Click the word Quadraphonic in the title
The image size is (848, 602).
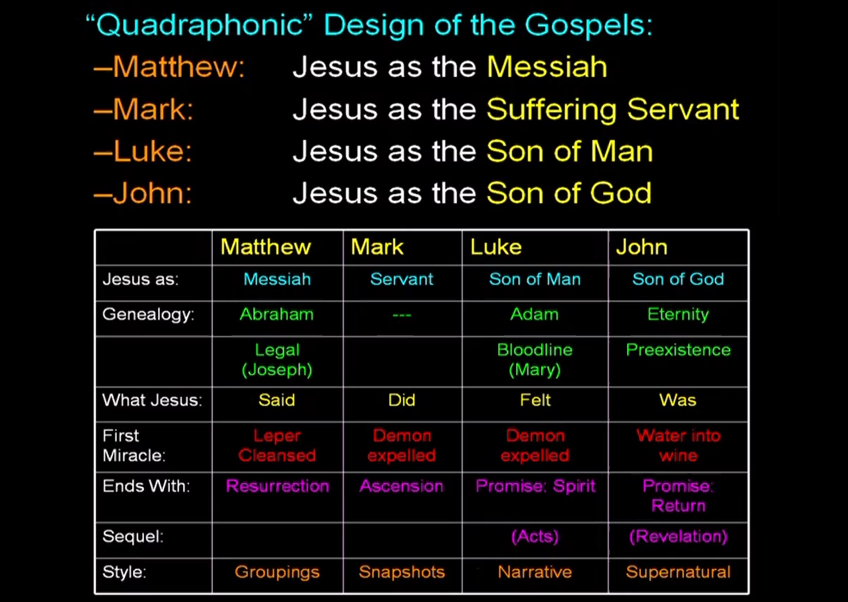[x=200, y=25]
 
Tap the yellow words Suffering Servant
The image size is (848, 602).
[x=613, y=110]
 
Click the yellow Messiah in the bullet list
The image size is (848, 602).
[x=547, y=67]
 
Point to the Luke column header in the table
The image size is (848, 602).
[x=496, y=247]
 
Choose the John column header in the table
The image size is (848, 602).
[x=641, y=247]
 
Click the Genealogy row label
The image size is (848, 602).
[x=148, y=315]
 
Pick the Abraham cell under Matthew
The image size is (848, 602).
[x=277, y=314]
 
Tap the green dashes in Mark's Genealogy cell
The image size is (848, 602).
[x=402, y=315]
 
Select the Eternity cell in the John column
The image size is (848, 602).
[x=678, y=315]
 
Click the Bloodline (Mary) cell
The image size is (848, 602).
[x=535, y=360]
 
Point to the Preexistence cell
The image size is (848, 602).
[x=678, y=350]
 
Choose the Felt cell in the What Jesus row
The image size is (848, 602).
[x=535, y=400]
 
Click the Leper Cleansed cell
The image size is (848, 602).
[x=277, y=445]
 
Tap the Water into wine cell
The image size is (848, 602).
[x=679, y=445]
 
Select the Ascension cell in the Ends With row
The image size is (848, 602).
[x=402, y=486]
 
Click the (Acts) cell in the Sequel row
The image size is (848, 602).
[x=535, y=537]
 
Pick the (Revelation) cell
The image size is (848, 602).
[x=678, y=537]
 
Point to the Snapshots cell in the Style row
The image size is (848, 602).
[x=402, y=572]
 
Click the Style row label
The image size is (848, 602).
[x=124, y=572]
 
